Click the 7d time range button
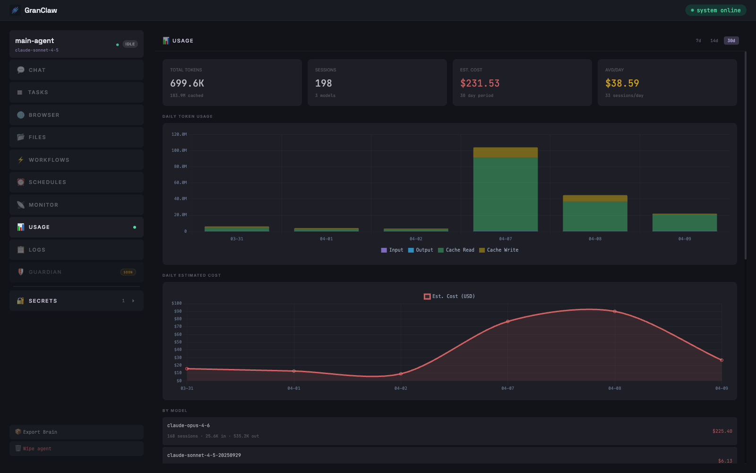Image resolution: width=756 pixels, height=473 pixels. click(x=698, y=41)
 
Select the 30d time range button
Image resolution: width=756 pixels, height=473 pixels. click(x=731, y=41)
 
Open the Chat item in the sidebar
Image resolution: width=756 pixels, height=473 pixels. click(x=77, y=70)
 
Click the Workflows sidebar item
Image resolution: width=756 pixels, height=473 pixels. click(x=77, y=160)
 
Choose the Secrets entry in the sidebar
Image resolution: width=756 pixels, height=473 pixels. click(x=77, y=301)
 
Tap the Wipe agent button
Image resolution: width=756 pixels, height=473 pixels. click(x=77, y=448)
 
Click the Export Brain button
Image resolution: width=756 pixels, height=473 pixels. click(x=77, y=432)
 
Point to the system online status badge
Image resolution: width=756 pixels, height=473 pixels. click(x=715, y=10)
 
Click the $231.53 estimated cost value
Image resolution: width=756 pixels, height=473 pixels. click(x=480, y=83)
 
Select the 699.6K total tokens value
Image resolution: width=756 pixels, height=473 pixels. click(x=187, y=83)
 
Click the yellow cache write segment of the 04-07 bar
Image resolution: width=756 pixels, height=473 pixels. click(x=505, y=152)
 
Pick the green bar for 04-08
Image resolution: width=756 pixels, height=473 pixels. click(x=595, y=216)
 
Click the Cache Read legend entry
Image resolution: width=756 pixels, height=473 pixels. click(x=456, y=250)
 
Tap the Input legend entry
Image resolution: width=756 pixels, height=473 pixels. click(x=392, y=250)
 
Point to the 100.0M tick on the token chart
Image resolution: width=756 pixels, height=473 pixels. click(x=179, y=150)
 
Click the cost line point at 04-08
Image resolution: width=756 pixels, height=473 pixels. click(x=615, y=311)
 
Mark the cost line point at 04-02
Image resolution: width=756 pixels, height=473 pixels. click(x=401, y=374)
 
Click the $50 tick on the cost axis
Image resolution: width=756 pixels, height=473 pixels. click(x=178, y=342)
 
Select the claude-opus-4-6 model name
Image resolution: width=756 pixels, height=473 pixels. click(x=189, y=426)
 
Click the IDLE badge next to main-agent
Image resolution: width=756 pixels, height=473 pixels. click(x=130, y=44)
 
